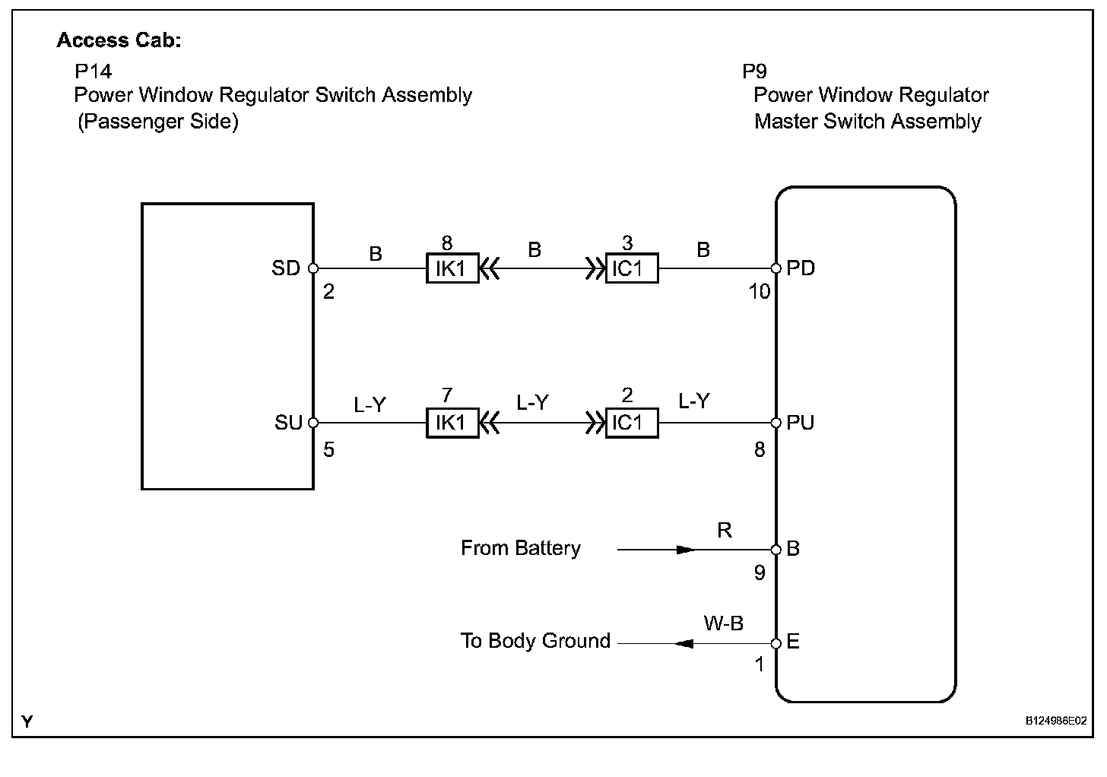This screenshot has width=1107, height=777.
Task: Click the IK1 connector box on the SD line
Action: [x=452, y=268]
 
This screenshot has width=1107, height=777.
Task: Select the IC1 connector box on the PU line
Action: [x=632, y=423]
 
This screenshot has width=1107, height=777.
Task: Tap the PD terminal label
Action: [x=801, y=268]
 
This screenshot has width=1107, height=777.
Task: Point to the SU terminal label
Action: [x=289, y=423]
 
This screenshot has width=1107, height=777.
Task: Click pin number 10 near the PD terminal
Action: [x=759, y=291]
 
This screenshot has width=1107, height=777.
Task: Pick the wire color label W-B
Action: [x=723, y=624]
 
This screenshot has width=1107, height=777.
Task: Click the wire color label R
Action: [x=725, y=531]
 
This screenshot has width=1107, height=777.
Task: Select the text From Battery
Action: [x=521, y=548]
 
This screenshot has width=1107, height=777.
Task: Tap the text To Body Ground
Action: [x=535, y=641]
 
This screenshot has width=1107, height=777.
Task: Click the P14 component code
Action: [x=93, y=71]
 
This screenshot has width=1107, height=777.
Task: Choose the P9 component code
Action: [x=754, y=71]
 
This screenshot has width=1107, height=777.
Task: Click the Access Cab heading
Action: [x=119, y=40]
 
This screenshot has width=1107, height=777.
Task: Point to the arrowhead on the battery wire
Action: [x=685, y=549]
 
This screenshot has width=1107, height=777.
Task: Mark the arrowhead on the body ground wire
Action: [x=684, y=643]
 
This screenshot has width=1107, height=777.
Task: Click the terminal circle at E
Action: [x=776, y=643]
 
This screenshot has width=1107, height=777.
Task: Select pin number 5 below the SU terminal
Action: [x=328, y=450]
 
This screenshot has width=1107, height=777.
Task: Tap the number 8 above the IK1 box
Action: [x=447, y=243]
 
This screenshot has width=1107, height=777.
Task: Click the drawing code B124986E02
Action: [x=1055, y=721]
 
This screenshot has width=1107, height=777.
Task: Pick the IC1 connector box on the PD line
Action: [x=632, y=268]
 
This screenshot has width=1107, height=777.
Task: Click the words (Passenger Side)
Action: [x=158, y=122]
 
